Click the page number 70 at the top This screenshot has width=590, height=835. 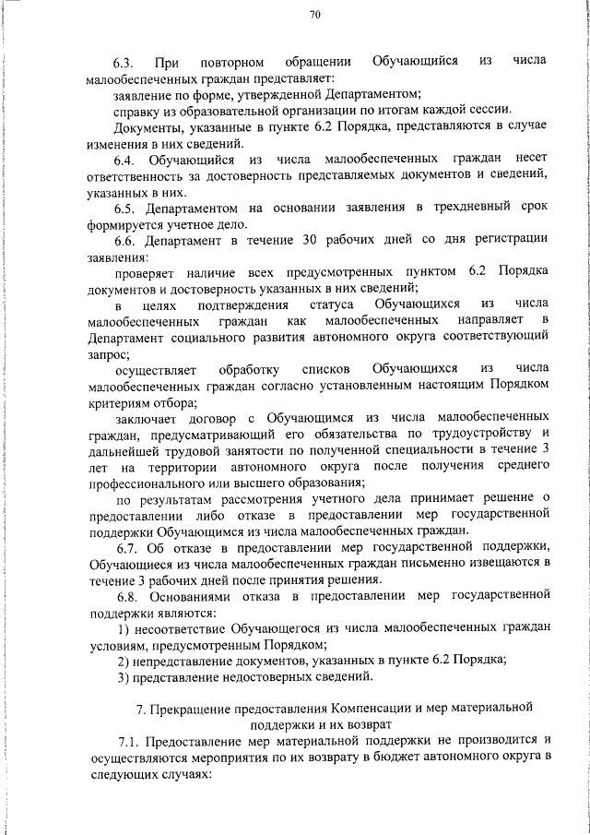point(315,15)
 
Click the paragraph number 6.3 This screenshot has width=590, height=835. point(124,62)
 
